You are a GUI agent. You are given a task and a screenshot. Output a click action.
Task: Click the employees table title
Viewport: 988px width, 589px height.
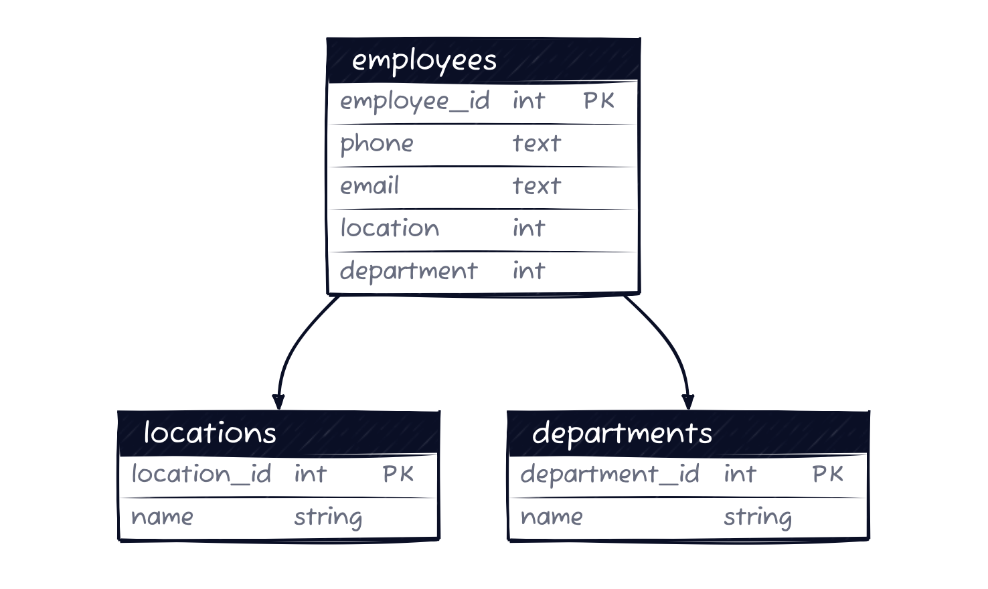pyautogui.click(x=424, y=61)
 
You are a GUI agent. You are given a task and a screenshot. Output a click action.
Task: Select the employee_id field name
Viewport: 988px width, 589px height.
pyautogui.click(x=415, y=102)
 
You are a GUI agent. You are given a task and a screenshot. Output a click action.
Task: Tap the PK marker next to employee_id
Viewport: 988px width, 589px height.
pyautogui.click(x=598, y=101)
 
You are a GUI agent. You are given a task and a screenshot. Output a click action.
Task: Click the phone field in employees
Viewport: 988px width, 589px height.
pyautogui.click(x=377, y=144)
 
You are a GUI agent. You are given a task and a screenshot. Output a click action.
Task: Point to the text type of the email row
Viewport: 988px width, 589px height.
pyautogui.click(x=536, y=186)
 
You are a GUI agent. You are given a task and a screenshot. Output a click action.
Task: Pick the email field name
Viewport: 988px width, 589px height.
pyautogui.click(x=369, y=186)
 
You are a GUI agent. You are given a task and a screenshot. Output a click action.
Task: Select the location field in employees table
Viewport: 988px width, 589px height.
pyautogui.click(x=390, y=228)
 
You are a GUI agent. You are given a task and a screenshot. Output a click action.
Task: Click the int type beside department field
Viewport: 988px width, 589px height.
pyautogui.click(x=529, y=271)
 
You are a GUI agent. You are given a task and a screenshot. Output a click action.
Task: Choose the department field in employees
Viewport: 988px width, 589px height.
pyautogui.click(x=408, y=271)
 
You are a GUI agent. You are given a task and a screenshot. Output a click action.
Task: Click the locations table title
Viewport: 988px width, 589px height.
pyautogui.click(x=210, y=433)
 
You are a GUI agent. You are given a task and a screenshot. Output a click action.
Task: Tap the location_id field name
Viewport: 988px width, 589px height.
pyautogui.click(x=201, y=475)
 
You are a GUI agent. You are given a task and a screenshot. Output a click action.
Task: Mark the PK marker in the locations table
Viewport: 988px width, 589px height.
pyautogui.click(x=398, y=475)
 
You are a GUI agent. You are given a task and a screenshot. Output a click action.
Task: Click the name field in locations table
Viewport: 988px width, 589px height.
pyautogui.click(x=162, y=517)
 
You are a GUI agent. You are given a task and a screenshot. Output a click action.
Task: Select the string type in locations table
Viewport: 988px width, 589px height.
pyautogui.click(x=328, y=517)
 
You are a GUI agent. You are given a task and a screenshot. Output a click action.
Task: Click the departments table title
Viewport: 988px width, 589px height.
pyautogui.click(x=622, y=433)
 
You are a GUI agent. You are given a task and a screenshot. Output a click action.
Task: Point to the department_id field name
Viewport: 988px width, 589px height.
pyautogui.click(x=610, y=475)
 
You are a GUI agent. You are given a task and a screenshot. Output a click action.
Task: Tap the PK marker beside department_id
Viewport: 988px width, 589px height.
pyautogui.click(x=828, y=475)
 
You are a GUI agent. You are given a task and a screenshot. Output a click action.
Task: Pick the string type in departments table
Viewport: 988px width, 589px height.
pyautogui.click(x=757, y=517)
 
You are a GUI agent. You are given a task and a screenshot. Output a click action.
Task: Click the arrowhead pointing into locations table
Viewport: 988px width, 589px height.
pyautogui.click(x=278, y=402)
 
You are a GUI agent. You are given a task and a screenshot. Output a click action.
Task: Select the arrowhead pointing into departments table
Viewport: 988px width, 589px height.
pyautogui.click(x=687, y=402)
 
